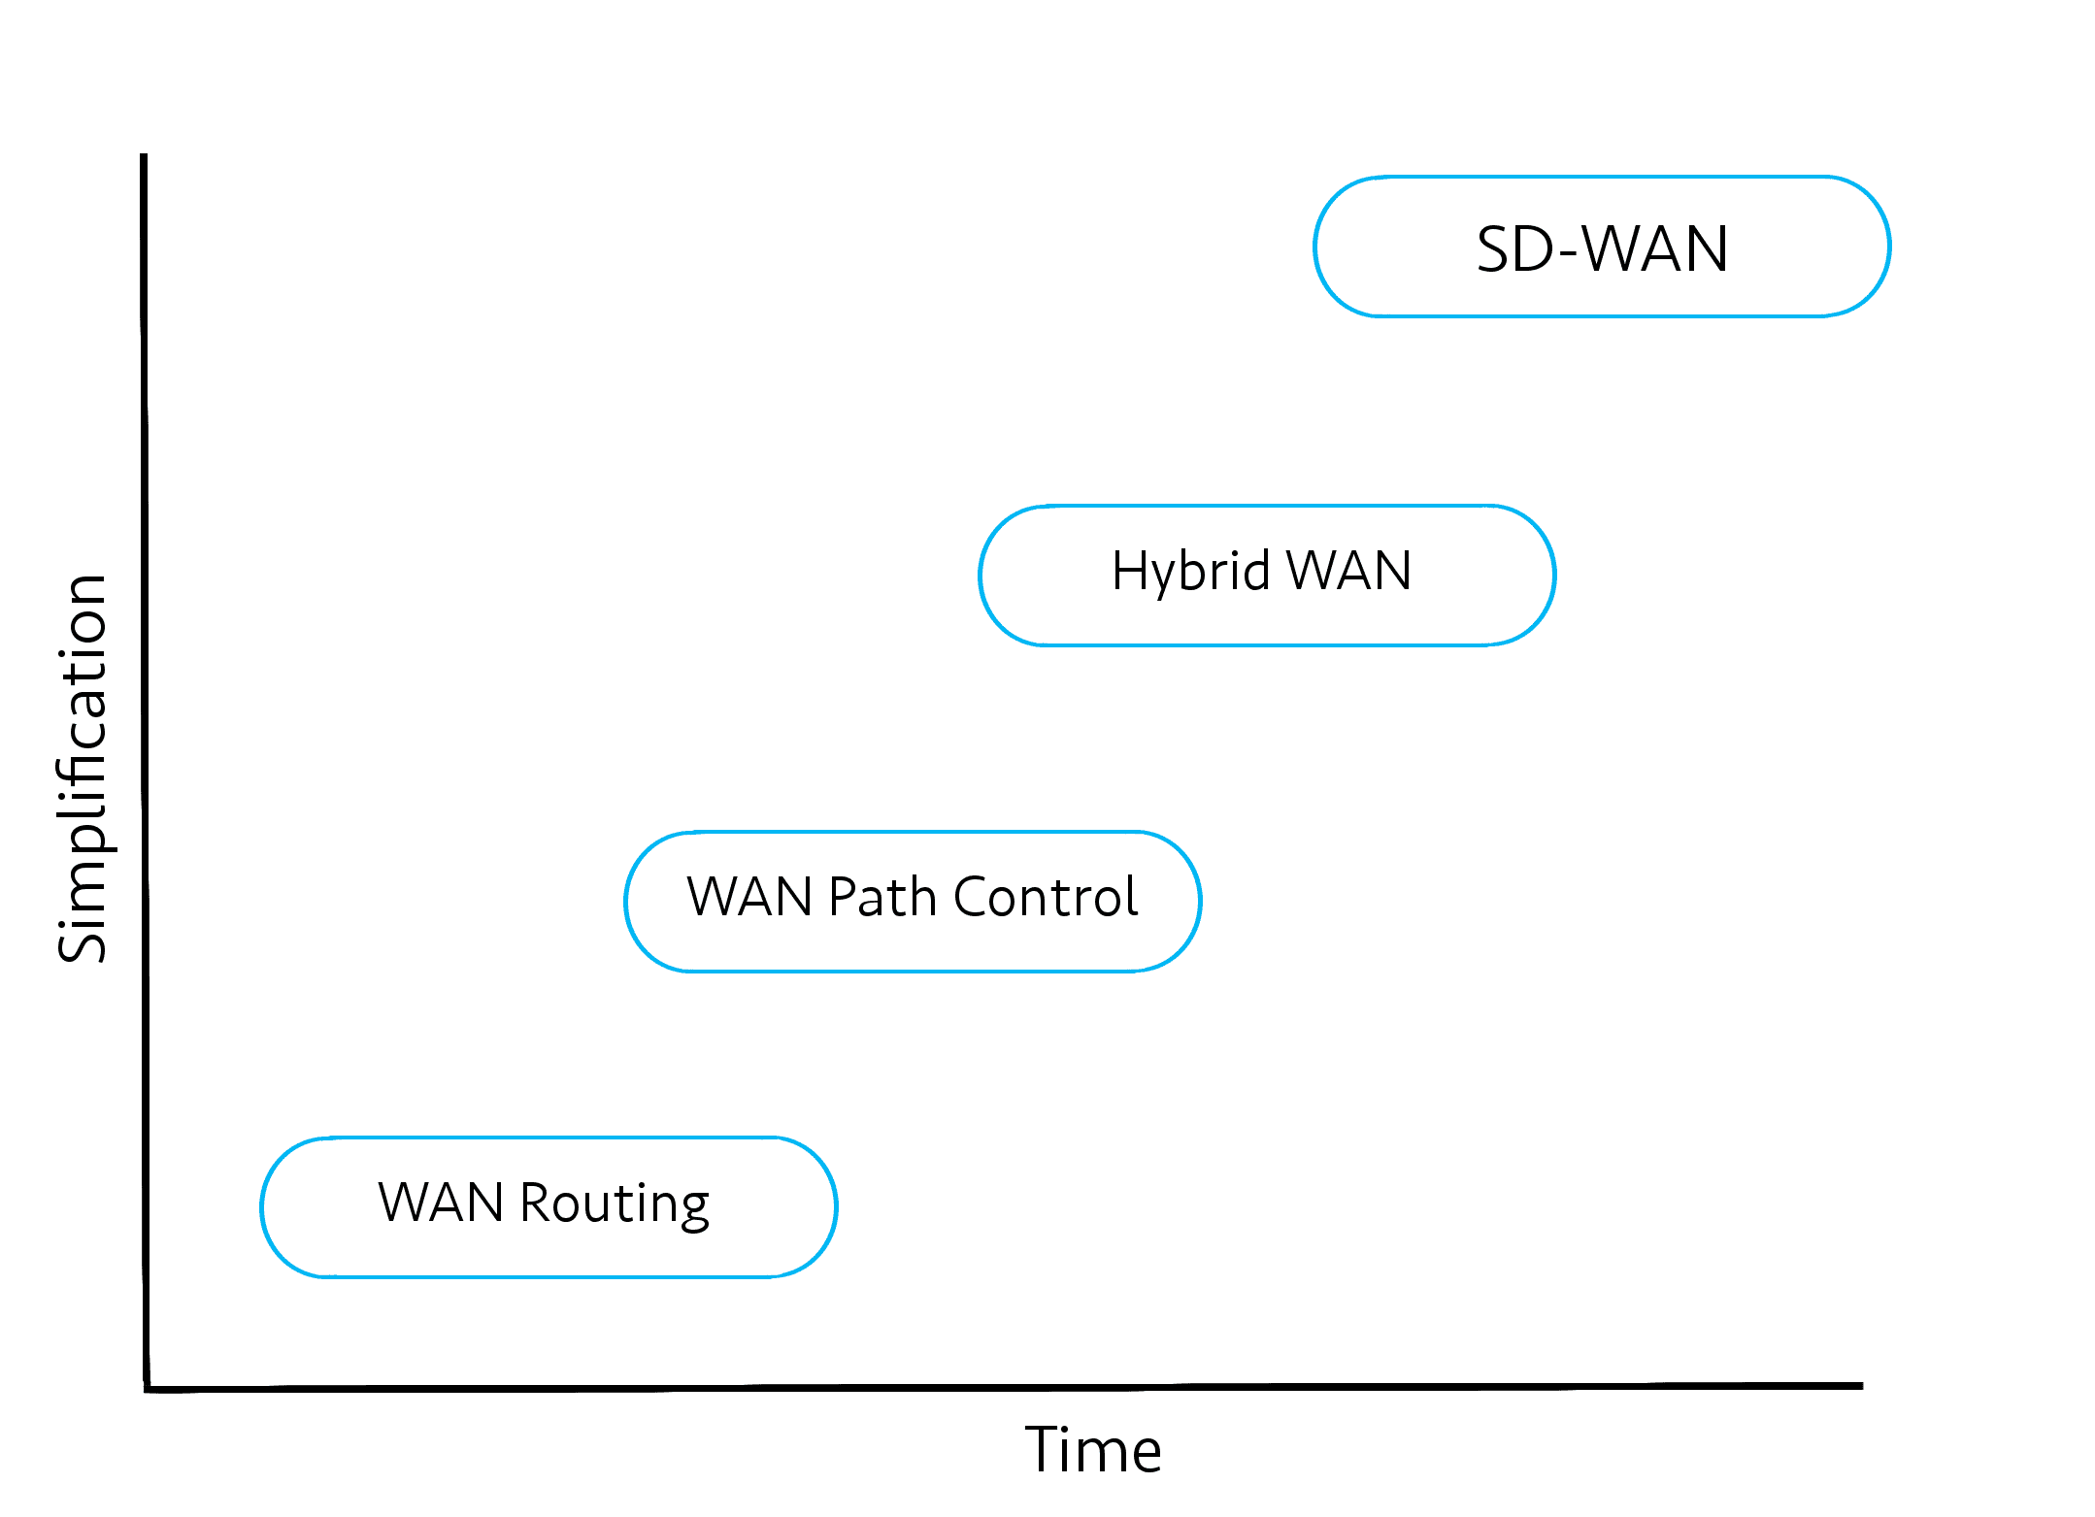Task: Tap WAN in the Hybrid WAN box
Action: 1349,570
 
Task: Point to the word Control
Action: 1046,896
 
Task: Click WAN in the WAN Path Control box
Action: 749,896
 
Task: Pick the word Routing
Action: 615,1204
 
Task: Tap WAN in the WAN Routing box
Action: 442,1203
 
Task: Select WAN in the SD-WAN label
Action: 1656,249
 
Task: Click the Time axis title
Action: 1093,1450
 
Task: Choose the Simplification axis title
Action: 82,768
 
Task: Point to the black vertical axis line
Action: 145,772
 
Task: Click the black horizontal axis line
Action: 1004,1388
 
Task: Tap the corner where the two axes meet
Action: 147,1389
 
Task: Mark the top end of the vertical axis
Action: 144,154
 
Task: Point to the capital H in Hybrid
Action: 1129,570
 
